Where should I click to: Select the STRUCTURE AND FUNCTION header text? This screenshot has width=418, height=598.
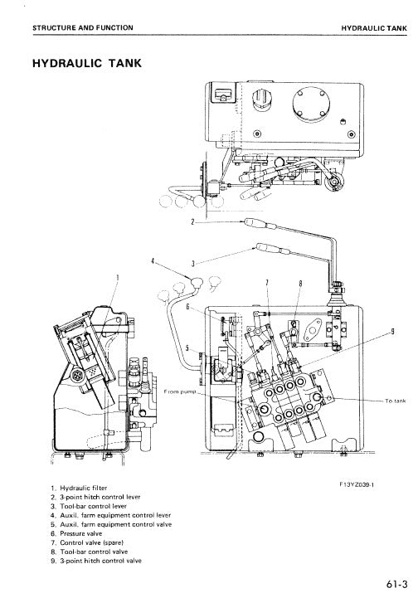coord(82,28)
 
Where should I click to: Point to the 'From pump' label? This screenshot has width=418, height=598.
coord(178,391)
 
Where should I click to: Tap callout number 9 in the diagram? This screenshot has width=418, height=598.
coord(391,330)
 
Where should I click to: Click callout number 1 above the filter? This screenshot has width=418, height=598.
coord(118,278)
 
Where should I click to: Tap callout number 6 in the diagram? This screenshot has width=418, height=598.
coord(187,306)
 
